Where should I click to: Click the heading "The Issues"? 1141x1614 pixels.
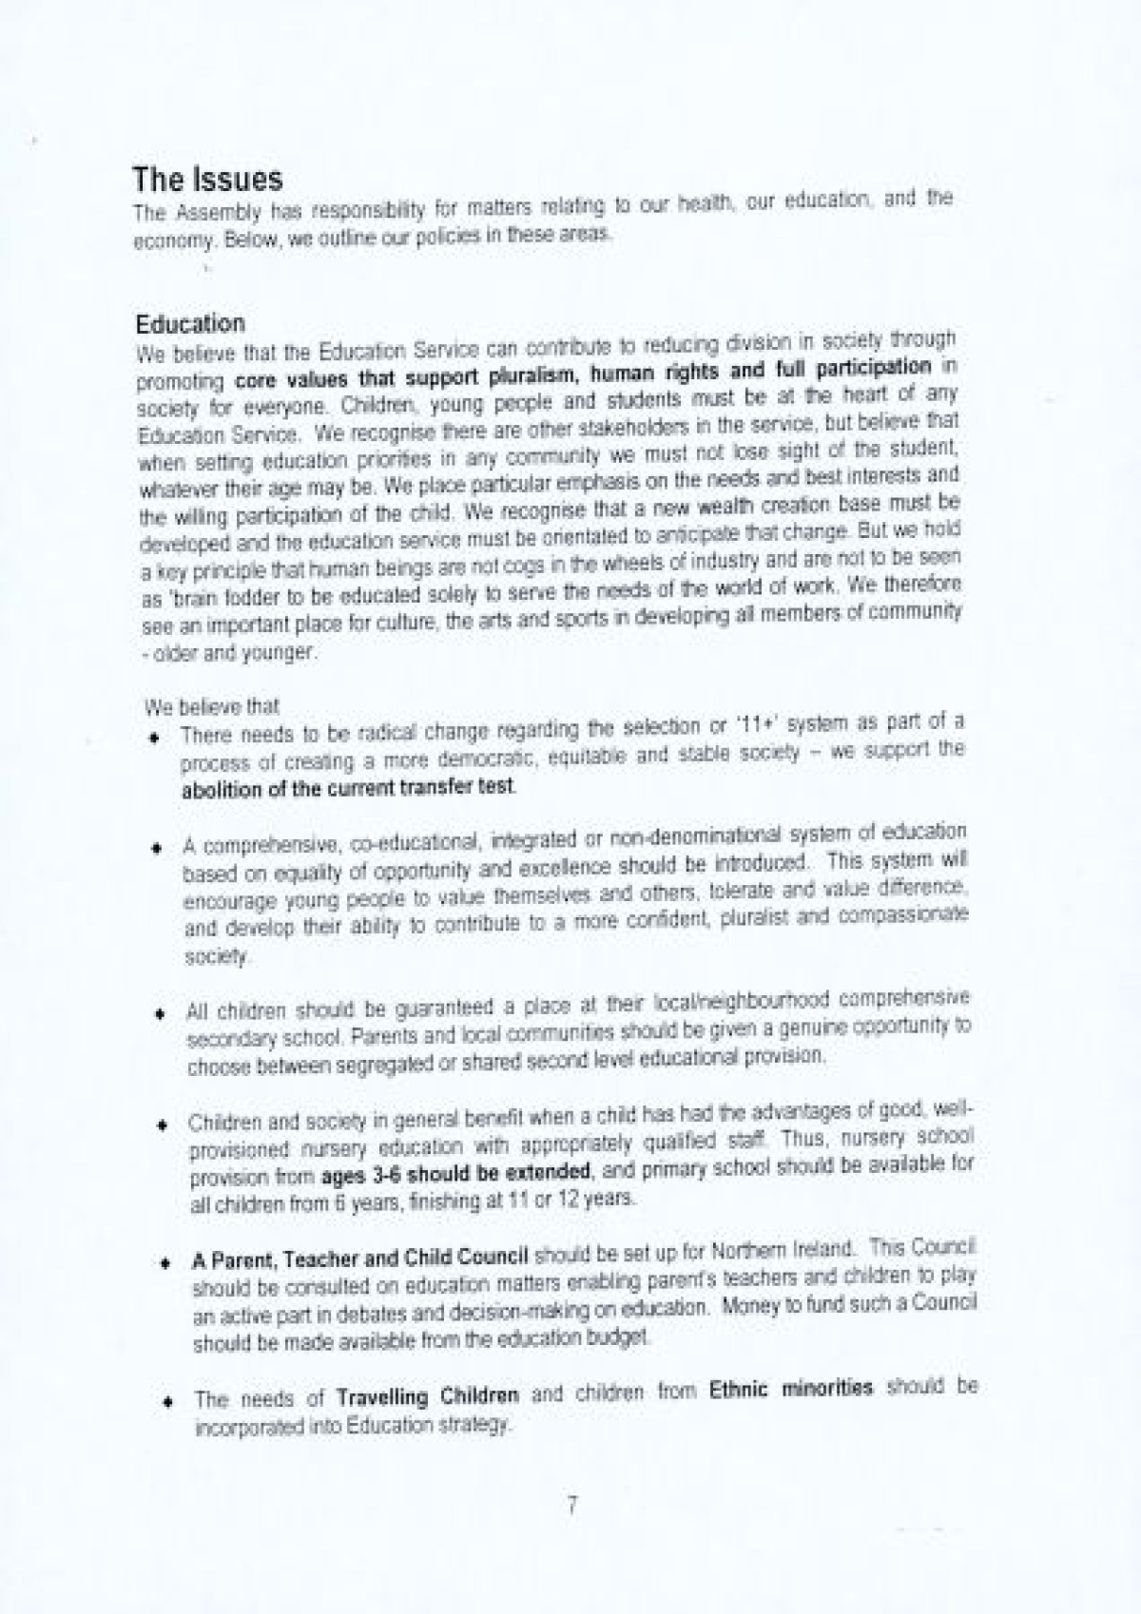click(x=207, y=179)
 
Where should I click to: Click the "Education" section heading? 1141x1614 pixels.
click(x=190, y=323)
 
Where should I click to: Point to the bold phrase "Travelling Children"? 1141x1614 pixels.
click(x=427, y=1396)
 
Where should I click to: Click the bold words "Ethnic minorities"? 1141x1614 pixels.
click(x=790, y=1389)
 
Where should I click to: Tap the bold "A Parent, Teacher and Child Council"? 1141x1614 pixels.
click(x=359, y=1259)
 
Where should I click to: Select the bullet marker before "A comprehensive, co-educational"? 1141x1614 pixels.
click(x=155, y=847)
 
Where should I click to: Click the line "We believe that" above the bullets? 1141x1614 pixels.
click(x=212, y=707)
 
